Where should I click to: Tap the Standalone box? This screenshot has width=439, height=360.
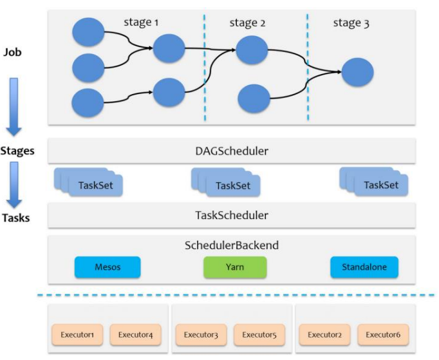click(364, 266)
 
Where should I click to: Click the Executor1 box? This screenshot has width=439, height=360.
click(77, 335)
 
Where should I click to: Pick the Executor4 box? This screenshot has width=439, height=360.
click(135, 335)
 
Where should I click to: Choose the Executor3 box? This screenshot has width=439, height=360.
click(201, 335)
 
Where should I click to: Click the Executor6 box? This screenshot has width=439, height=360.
click(384, 335)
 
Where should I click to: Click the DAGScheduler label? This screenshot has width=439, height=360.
click(232, 152)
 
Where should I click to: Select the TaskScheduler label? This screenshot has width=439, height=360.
click(232, 216)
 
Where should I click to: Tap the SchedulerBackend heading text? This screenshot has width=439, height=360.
click(232, 246)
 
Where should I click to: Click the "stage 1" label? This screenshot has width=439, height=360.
click(141, 23)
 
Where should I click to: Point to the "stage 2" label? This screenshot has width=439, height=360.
click(247, 23)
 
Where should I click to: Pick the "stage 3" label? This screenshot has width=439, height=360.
click(351, 23)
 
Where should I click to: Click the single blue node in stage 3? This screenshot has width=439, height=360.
click(357, 73)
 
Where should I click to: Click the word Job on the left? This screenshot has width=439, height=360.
click(13, 52)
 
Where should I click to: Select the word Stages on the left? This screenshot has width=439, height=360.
click(17, 152)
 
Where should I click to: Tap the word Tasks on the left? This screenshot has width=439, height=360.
click(15, 218)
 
